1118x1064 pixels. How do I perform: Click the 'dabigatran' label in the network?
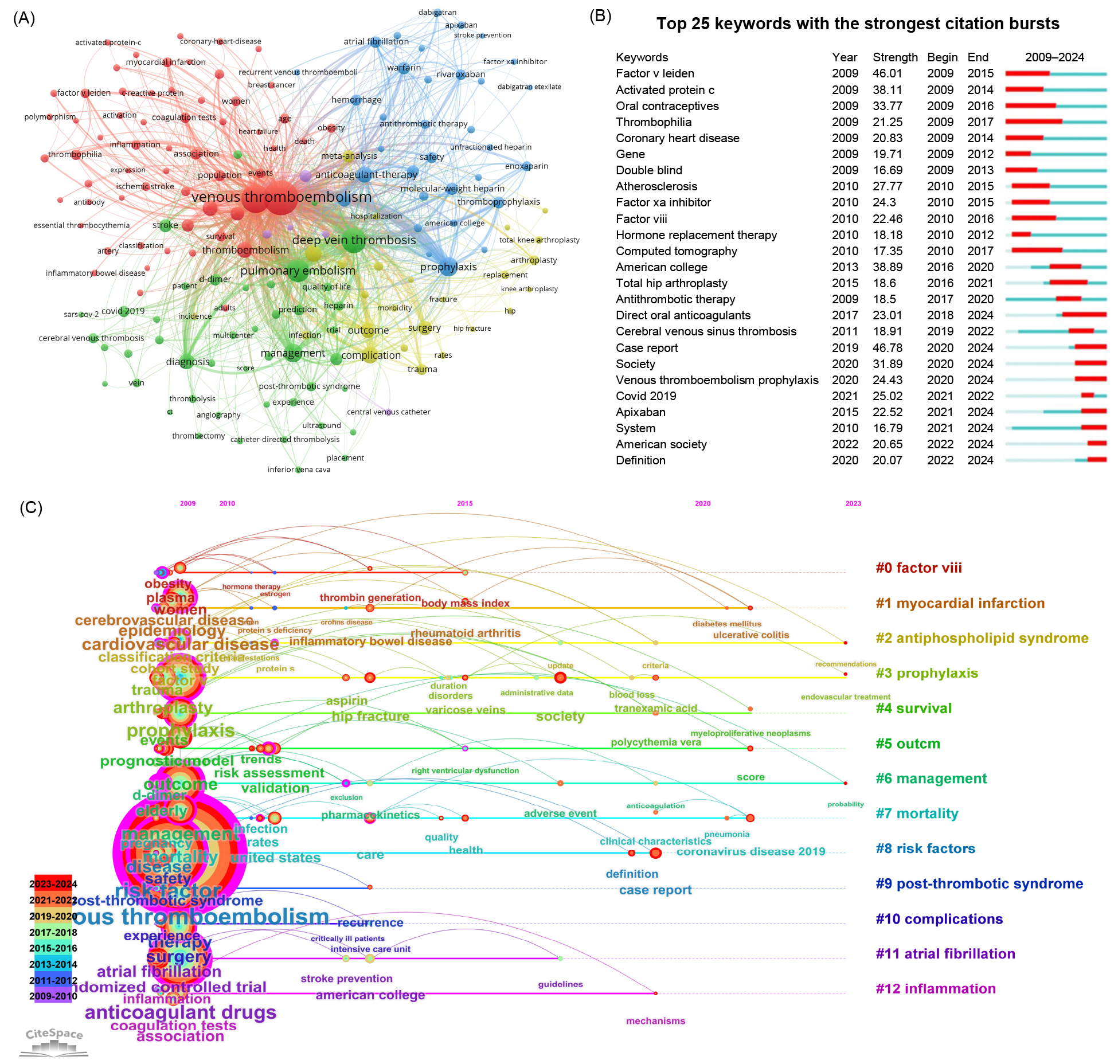point(437,12)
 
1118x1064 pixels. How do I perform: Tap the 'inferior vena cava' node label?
point(299,470)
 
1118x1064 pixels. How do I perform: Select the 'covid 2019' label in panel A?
point(123,311)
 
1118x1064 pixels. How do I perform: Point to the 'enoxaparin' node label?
point(526,166)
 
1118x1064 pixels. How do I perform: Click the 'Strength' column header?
point(895,57)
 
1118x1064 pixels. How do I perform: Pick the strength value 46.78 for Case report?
point(888,348)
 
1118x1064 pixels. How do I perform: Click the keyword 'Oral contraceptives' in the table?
point(667,106)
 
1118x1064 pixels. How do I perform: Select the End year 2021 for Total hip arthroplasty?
point(980,283)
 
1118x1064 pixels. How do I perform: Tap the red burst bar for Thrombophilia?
point(1034,122)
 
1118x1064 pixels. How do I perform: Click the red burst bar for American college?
point(1065,267)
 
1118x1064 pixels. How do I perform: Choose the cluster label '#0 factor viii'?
point(918,568)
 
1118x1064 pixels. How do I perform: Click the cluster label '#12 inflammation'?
point(935,989)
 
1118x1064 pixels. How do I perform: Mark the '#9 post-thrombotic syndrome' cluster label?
point(979,884)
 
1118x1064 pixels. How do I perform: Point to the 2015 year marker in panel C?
point(465,503)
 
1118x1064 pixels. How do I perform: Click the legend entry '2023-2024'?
point(53,884)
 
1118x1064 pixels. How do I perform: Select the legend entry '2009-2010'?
point(53,996)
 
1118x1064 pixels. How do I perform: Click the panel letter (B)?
point(600,16)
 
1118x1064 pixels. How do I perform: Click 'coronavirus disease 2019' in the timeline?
point(750,852)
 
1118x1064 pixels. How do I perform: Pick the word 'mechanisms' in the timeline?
point(655,1021)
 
